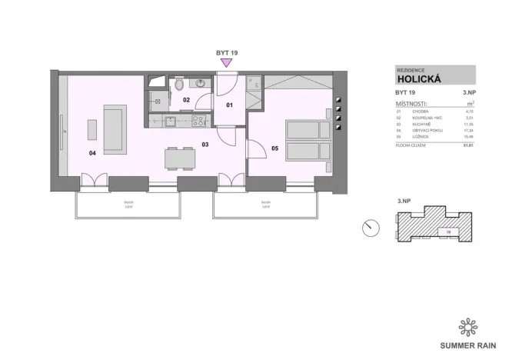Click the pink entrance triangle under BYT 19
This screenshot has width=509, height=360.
(225, 64)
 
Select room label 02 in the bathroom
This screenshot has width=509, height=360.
(186, 100)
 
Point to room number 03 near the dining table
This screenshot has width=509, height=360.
(205, 144)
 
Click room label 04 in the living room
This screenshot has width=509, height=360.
(93, 153)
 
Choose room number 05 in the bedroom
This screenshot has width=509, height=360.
(274, 148)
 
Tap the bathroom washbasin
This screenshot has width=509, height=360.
(199, 83)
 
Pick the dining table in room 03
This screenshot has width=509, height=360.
(178, 158)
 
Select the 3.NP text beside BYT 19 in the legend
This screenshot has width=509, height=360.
(468, 92)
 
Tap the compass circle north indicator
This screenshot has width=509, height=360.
(371, 227)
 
